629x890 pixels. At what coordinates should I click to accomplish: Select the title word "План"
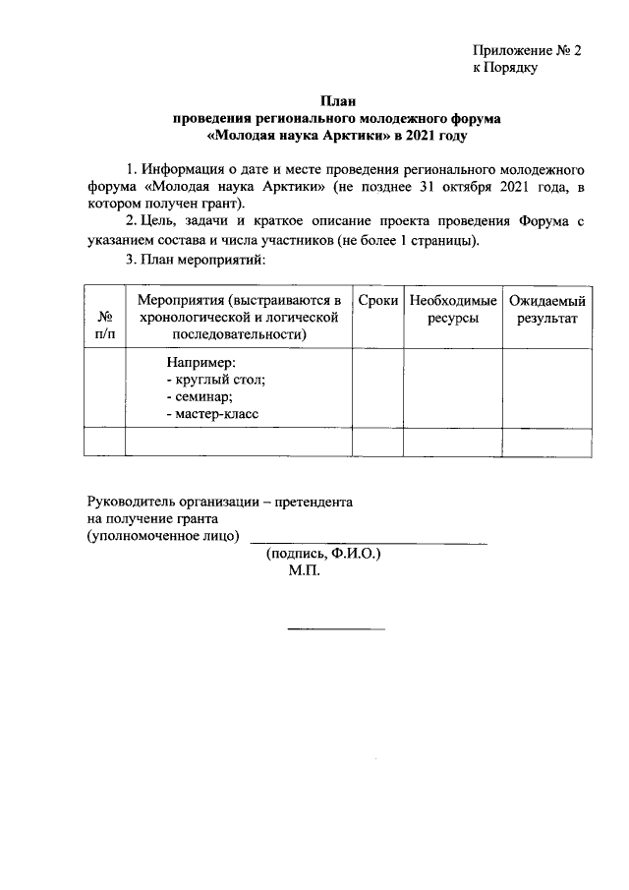pos(336,100)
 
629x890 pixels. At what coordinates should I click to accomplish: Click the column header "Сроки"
pos(378,298)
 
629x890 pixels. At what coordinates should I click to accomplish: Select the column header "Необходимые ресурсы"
pos(453,308)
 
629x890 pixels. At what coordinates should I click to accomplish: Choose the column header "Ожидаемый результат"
pos(547,308)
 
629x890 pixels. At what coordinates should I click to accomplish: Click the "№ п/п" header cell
pos(104,326)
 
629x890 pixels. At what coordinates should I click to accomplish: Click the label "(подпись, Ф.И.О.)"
pos(323,554)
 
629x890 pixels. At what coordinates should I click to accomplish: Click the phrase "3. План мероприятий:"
pos(198,260)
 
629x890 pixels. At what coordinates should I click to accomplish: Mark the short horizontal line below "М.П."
pos(335,628)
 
